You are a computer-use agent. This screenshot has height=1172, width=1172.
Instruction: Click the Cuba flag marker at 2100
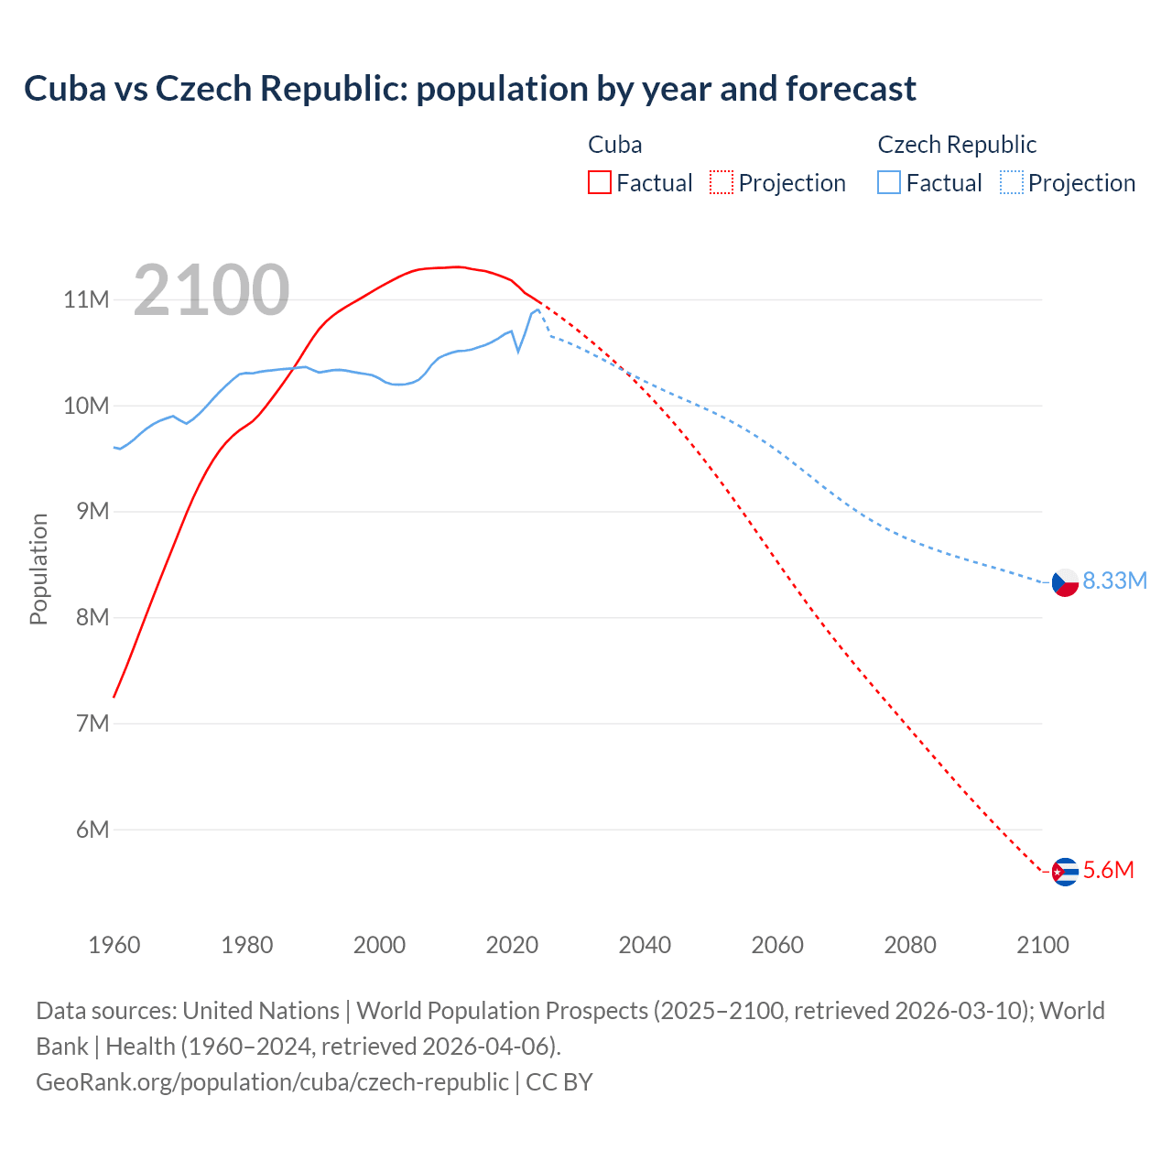pyautogui.click(x=1065, y=872)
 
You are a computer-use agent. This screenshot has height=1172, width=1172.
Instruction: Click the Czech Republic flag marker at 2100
pyautogui.click(x=1065, y=582)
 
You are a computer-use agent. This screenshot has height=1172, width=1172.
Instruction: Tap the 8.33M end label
pyautogui.click(x=1114, y=581)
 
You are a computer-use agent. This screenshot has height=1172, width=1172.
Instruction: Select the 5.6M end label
pyautogui.click(x=1108, y=871)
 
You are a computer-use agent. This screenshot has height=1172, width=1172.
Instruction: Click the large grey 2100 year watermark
pyautogui.click(x=212, y=290)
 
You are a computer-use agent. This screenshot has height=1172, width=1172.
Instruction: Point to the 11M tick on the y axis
pyautogui.click(x=86, y=300)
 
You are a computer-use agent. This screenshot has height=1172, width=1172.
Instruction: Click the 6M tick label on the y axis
pyautogui.click(x=92, y=830)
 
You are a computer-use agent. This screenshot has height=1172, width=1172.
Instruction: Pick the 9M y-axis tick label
pyautogui.click(x=92, y=512)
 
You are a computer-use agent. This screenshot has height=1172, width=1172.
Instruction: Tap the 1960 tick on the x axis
pyautogui.click(x=114, y=945)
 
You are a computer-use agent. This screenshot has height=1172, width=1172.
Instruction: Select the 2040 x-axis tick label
pyautogui.click(x=645, y=945)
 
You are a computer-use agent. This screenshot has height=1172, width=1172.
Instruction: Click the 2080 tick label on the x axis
pyautogui.click(x=910, y=945)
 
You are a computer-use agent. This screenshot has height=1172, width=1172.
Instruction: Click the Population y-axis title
pyautogui.click(x=38, y=569)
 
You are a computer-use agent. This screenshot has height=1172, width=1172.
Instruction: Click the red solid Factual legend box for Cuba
pyautogui.click(x=600, y=183)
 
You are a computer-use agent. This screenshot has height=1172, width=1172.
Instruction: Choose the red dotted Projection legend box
pyautogui.click(x=722, y=183)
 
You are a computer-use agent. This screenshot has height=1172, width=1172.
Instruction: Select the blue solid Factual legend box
pyautogui.click(x=889, y=183)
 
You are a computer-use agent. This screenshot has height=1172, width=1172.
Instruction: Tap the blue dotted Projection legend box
pyautogui.click(x=1012, y=183)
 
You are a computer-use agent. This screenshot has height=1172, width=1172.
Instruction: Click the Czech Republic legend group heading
pyautogui.click(x=957, y=145)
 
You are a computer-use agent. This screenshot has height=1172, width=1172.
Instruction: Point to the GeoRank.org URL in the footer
pyautogui.click(x=272, y=1082)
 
